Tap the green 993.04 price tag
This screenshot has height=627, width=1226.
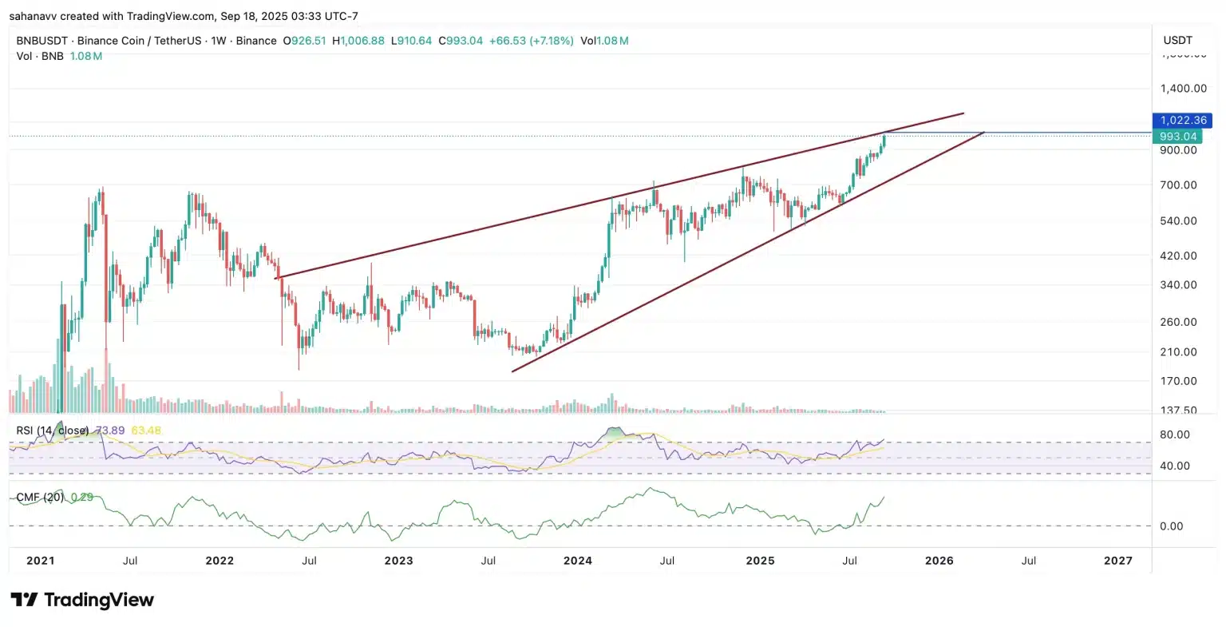tap(1178, 137)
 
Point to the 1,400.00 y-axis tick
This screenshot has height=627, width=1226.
tap(1179, 89)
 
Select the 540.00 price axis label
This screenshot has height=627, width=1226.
tap(1179, 220)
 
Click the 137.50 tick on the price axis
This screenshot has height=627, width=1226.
tap(1179, 411)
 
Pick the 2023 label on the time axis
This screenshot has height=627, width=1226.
tap(398, 561)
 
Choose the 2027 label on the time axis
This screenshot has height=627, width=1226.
tap(1117, 561)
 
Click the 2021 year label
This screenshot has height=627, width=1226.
tap(40, 561)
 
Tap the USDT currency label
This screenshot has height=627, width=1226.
tap(1177, 40)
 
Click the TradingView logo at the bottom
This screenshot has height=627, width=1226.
tap(82, 600)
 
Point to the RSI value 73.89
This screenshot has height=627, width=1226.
tap(110, 431)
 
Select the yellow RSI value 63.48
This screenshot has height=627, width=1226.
tap(146, 431)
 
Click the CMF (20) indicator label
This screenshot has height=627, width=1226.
tap(41, 498)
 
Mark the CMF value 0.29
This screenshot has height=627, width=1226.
tap(82, 498)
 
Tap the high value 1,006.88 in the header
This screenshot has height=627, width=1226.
tap(362, 41)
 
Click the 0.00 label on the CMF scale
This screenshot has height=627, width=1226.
tap(1171, 526)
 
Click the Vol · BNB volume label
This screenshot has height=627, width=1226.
tap(40, 57)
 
